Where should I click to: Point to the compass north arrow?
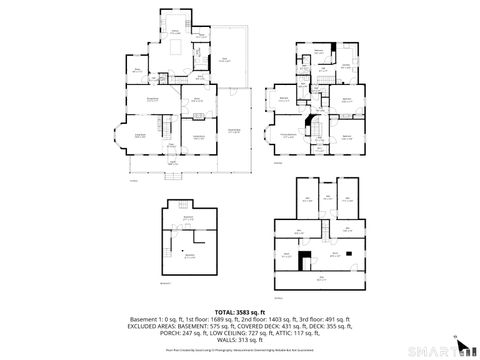click(x=456, y=339)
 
